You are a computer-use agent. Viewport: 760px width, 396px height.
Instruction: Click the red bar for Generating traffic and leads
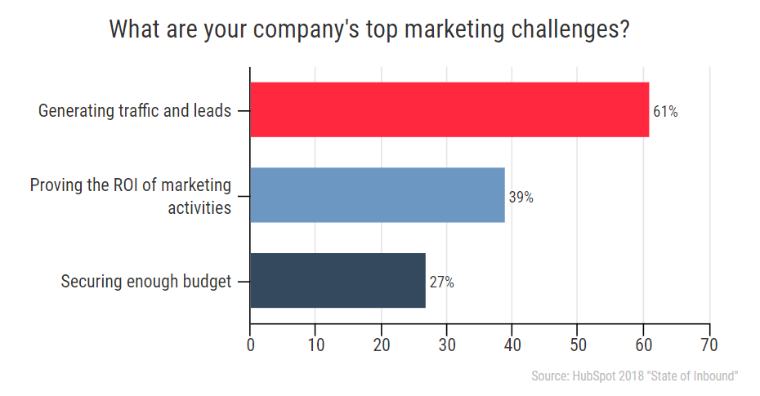[449, 109]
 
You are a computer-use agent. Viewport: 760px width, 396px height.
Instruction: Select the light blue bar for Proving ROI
[377, 195]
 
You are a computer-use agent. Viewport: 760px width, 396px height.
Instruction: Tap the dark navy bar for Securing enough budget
[338, 280]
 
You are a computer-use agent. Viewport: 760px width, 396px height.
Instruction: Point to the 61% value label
[665, 112]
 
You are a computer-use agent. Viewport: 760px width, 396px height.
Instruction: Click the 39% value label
[521, 197]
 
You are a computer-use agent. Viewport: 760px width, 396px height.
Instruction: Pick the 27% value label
[441, 283]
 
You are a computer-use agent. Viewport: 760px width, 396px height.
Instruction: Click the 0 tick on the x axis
[250, 345]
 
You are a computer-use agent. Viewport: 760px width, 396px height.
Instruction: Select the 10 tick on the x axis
[315, 345]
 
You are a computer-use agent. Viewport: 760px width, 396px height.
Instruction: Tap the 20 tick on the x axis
[382, 345]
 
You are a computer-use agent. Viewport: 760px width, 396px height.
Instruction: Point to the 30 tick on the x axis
[447, 345]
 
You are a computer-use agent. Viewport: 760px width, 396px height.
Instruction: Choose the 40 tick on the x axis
[512, 345]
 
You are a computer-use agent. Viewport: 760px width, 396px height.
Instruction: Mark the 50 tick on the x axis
[578, 345]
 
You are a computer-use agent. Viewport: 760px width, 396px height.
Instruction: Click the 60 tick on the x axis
[643, 345]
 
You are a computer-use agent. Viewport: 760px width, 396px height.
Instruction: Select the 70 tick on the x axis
[709, 345]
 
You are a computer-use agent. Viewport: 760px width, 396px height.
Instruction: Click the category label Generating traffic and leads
[135, 110]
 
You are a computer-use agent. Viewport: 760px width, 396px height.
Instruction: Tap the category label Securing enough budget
[146, 282]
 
